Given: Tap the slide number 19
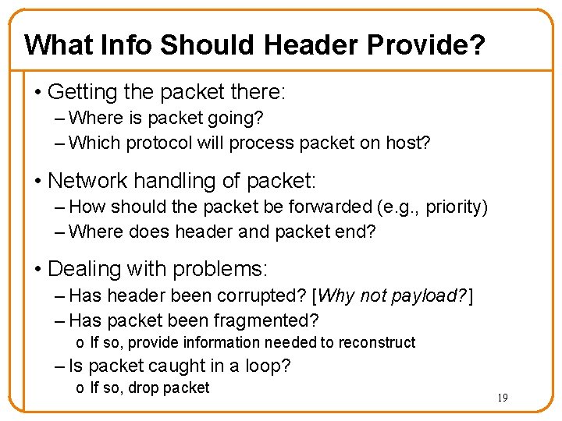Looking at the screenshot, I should coord(503,398).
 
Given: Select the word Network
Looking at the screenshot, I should coord(87,181).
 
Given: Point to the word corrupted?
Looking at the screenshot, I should coord(263,295).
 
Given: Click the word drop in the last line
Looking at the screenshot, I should coord(146,387).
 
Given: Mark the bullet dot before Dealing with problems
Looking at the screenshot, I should coord(37,270).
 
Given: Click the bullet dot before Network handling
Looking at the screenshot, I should coord(37,182).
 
